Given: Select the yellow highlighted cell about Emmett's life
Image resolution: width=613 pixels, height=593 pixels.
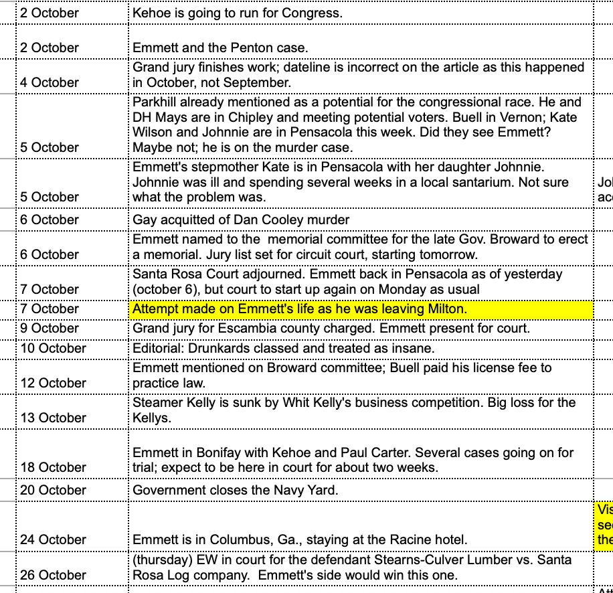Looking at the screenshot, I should (x=361, y=309).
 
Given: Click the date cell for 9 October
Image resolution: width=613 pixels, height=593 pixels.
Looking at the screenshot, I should (x=50, y=329).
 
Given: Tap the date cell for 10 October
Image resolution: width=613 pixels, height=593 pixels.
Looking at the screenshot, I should (x=53, y=348).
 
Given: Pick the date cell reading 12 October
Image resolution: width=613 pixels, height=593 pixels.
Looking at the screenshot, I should (x=53, y=383).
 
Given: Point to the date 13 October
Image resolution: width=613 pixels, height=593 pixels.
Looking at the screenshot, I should (x=53, y=418).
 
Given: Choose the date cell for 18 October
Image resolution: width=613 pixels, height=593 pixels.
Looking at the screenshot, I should (x=53, y=467).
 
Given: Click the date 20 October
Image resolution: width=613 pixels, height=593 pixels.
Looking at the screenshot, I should (x=53, y=490).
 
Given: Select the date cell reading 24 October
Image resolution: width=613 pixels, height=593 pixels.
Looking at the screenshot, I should (x=53, y=539).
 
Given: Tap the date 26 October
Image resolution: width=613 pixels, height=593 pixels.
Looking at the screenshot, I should (x=53, y=575).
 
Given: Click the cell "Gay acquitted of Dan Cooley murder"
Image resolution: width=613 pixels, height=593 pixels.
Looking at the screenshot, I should (x=241, y=220).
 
